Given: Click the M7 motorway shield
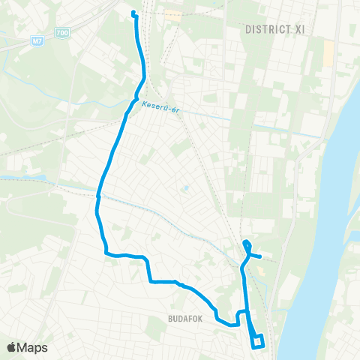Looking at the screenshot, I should coord(39,40).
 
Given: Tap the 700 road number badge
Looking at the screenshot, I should coord(61,33).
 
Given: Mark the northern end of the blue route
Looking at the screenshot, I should coord(133,12).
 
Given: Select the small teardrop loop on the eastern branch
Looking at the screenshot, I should coord(247,245).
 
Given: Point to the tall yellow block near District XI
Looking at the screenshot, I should coord(328,53).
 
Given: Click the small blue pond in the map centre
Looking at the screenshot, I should coord(185,188).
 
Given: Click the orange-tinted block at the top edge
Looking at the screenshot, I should coord(172,13).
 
